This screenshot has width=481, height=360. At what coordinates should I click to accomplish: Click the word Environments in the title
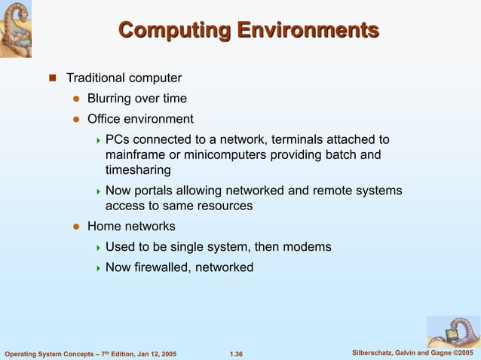(308, 31)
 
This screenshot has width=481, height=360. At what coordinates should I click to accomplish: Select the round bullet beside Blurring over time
(75, 99)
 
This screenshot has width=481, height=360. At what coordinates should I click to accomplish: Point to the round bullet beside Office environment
(75, 119)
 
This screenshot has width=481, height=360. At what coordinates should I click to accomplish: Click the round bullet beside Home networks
(75, 227)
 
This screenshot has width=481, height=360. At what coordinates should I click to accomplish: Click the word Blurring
(110, 98)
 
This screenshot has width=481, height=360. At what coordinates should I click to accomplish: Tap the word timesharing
(138, 170)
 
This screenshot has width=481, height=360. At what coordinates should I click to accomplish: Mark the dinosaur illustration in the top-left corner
(21, 29)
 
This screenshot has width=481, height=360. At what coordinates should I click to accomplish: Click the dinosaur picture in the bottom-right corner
(453, 331)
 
